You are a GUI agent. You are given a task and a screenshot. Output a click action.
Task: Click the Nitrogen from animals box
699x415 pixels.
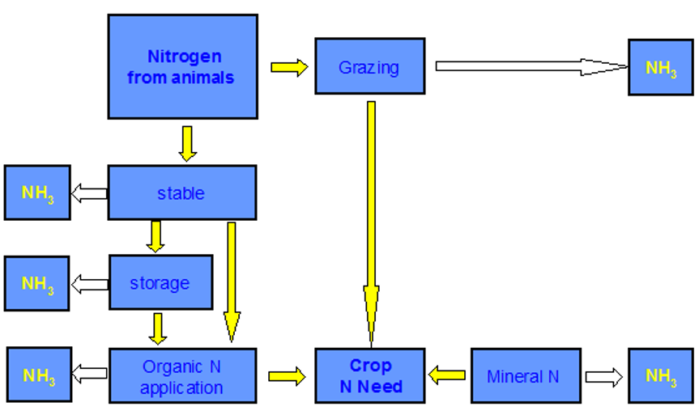[x=182, y=66]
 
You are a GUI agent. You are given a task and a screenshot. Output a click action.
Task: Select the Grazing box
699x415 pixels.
[x=369, y=67]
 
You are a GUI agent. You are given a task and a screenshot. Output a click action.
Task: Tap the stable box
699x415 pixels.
[x=181, y=193]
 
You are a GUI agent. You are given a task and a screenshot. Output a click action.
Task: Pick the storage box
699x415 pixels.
[x=160, y=282]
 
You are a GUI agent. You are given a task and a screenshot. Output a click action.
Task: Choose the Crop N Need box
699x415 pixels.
[x=369, y=376]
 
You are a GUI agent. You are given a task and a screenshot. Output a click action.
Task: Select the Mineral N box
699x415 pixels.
[x=525, y=376]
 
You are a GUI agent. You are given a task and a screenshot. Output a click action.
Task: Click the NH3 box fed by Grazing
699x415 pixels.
[x=660, y=67]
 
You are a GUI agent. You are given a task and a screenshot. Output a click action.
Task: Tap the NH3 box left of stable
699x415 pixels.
[x=37, y=193]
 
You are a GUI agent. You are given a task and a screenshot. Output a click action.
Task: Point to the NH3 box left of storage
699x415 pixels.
[x=37, y=282]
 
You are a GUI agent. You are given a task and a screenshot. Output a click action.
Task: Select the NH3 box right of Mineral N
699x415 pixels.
[x=660, y=376]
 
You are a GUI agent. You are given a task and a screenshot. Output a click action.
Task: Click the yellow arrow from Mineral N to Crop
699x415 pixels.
[x=447, y=375]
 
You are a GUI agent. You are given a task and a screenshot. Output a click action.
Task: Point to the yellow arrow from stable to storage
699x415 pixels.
[x=156, y=236]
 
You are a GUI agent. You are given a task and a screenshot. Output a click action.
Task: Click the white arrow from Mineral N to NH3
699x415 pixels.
[x=603, y=376]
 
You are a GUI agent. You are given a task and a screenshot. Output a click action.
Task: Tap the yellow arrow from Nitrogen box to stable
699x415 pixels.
[x=187, y=143]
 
